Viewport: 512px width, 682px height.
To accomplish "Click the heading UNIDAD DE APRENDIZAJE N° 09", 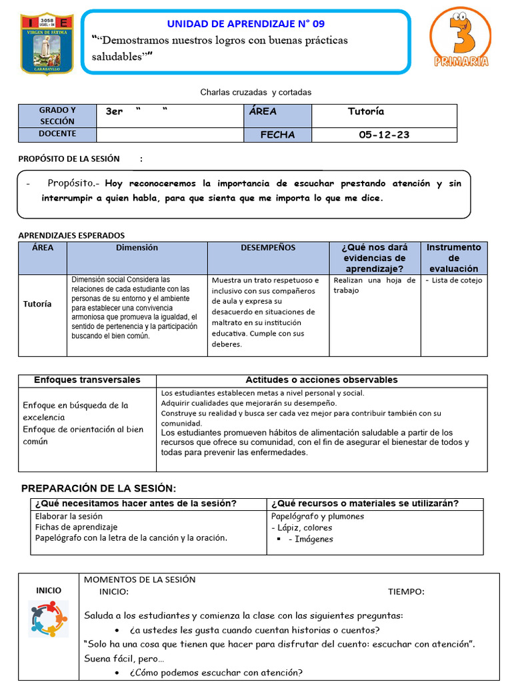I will pos(245,24).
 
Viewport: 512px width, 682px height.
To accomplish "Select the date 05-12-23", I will pos(384,135).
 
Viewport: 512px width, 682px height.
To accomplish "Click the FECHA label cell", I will pos(277,135).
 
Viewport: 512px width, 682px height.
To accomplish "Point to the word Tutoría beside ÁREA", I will pos(365,111).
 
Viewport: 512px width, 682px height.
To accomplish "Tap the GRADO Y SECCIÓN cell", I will pos(57,116).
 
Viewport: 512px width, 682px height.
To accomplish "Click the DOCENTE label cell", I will pos(57,134).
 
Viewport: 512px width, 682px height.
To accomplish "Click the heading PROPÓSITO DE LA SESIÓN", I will pos(69,159).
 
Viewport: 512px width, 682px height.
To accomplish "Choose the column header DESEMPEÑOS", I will pos(268,248).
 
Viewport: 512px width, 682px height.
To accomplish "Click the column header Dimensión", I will pos(137,248).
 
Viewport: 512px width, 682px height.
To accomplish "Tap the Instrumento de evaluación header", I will pos(453,258).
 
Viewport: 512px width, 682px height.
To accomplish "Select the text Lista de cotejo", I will pos(457,280).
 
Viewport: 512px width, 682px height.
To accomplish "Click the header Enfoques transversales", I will pos(87,380).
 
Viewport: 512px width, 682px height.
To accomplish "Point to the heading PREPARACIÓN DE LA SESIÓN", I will pos(99,488).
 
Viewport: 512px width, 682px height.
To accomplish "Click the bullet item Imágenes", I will pos(310,539).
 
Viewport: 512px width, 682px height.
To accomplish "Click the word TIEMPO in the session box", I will pos(406,591).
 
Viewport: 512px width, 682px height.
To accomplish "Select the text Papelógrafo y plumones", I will pos(317,516).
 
